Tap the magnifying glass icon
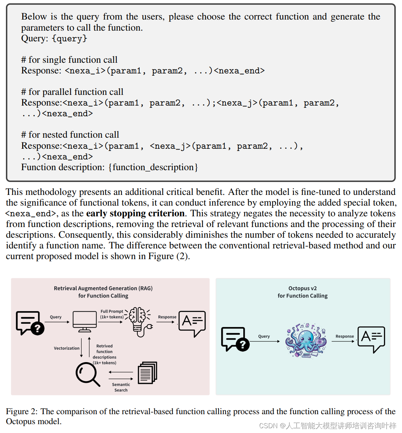pos(87,374)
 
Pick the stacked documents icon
pos(147,373)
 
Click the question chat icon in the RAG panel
pos(30,323)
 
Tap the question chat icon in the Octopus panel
pos(235,339)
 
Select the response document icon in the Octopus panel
pos(371,339)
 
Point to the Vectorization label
pos(66,348)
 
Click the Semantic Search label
pos(121,387)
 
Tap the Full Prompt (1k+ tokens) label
pos(112,314)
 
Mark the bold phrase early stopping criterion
pos(135,213)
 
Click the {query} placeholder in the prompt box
pos(69,38)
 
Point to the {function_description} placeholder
pos(153,167)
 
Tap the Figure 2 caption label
pos(22,411)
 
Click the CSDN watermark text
pos(327,426)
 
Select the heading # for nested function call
pos(70,135)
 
